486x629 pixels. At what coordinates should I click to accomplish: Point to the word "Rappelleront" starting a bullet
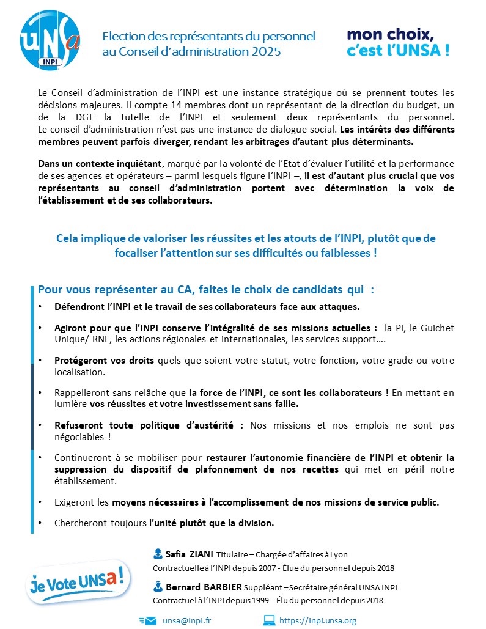(x=81, y=392)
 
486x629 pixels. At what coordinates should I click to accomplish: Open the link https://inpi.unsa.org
(x=317, y=620)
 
